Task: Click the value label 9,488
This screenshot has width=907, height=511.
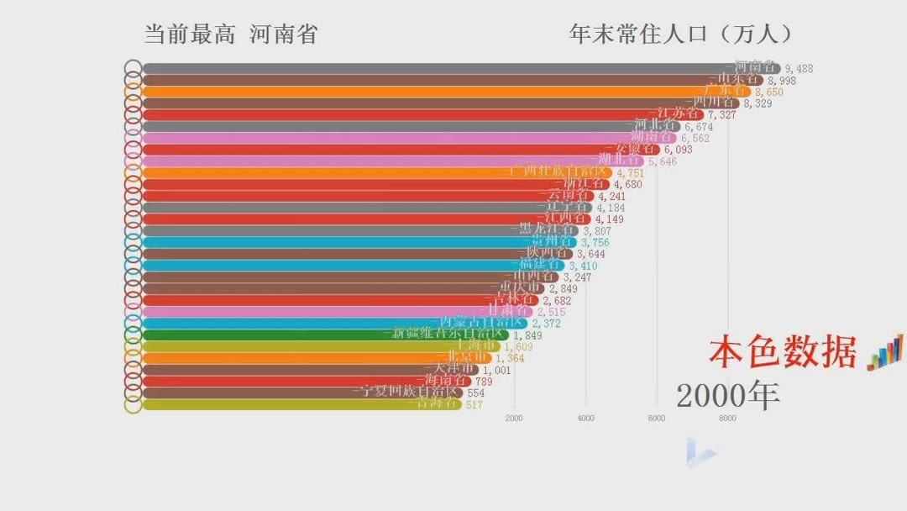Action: pos(799,69)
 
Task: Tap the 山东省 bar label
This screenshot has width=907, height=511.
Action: pos(736,80)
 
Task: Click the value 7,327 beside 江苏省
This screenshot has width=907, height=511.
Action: pos(722,114)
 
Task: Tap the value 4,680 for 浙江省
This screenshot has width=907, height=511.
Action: pos(627,184)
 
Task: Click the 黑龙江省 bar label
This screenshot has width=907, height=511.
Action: pos(546,229)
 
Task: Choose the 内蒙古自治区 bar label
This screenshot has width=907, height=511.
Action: pos(483,322)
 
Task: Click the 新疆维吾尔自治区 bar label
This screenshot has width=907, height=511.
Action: pos(446,334)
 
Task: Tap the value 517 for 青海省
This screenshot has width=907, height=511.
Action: pos(474,404)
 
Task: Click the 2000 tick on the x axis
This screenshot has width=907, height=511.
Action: pos(514,418)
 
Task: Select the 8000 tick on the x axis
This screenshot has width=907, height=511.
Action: pos(727,418)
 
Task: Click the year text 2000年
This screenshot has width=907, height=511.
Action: pos(727,394)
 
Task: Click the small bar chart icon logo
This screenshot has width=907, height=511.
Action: pos(884,352)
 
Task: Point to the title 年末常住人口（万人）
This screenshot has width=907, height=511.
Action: pos(681,34)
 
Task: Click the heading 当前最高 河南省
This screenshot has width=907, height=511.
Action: pos(231,34)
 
